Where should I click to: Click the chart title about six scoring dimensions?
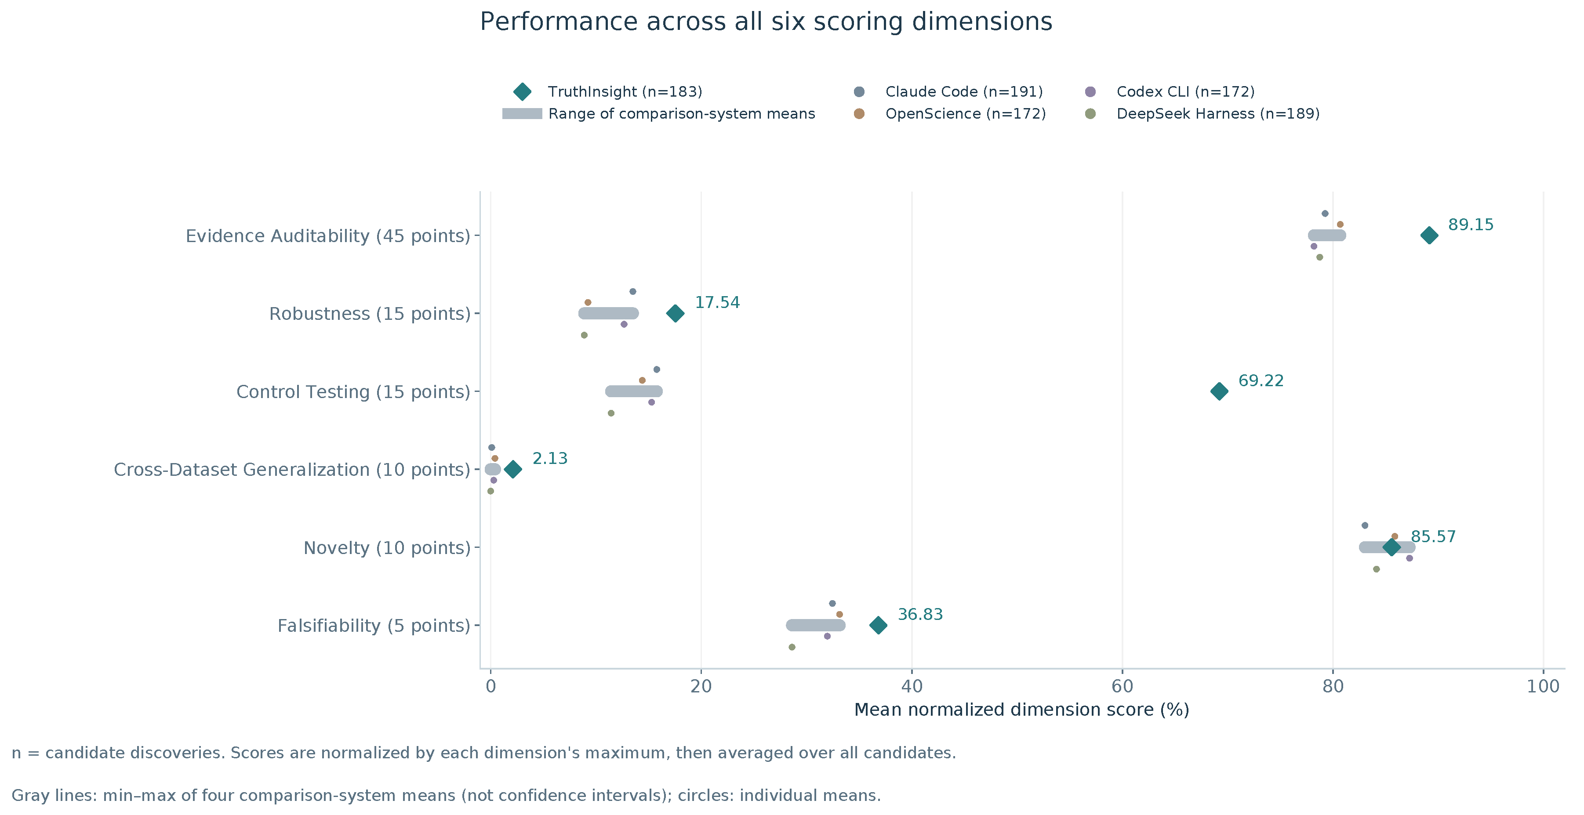click(x=766, y=22)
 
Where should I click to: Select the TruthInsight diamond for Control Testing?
click(x=1219, y=391)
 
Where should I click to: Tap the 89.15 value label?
click(x=1470, y=225)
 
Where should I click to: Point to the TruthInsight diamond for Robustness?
click(x=675, y=313)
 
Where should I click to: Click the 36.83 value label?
click(x=920, y=615)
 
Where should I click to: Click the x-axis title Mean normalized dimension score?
click(x=1022, y=710)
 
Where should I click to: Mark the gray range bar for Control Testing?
click(x=634, y=391)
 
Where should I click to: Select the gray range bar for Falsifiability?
click(x=815, y=626)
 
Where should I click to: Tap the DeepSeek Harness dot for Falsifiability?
click(x=792, y=647)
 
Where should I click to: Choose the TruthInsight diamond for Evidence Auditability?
click(x=1429, y=235)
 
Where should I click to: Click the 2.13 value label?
click(x=550, y=459)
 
